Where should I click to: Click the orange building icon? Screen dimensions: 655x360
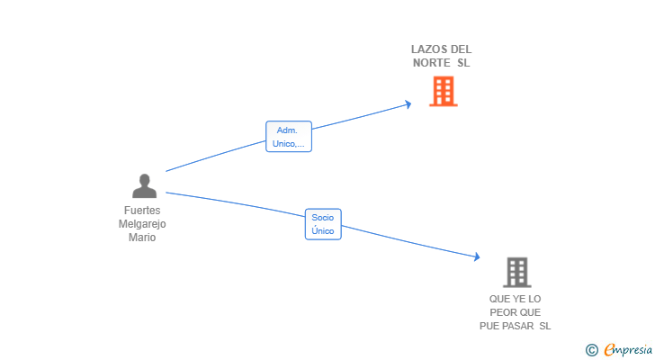coord(444,91)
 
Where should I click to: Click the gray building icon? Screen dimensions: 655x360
coord(516,273)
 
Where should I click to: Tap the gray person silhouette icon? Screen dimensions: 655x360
coord(144,185)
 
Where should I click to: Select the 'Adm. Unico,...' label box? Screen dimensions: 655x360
coord(289,137)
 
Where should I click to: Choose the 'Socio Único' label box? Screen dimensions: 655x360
coord(323,224)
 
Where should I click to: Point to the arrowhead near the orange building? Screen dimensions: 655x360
coord(408,104)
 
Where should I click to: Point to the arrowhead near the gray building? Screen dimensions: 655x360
coord(477,256)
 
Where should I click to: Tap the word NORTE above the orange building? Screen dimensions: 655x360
coord(432,63)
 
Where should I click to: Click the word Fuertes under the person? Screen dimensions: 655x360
coord(142,211)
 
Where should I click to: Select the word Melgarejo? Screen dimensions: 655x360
coord(142,224)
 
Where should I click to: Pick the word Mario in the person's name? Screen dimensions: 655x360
coord(142,238)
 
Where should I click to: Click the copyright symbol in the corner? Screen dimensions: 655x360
coord(591,350)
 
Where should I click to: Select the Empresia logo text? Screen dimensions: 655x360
coord(628,349)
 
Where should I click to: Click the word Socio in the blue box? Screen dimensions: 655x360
coord(323,218)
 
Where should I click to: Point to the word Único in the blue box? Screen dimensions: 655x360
coord(323,230)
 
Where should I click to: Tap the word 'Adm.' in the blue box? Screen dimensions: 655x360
coord(287,130)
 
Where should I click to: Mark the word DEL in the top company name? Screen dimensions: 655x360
coord(462,49)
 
